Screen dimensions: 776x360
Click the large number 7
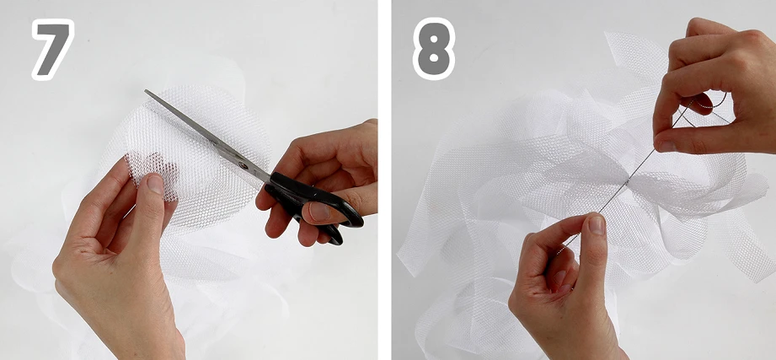tap(53, 49)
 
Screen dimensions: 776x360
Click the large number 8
tap(434, 49)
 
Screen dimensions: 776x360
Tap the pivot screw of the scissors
tap(243, 165)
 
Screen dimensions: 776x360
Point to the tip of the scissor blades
tap(146, 90)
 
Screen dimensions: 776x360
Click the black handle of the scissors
tap(312, 203)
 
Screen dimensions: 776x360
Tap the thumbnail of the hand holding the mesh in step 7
tap(155, 184)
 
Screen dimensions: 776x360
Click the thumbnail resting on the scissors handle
tap(319, 212)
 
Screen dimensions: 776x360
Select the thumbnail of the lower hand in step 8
tap(597, 224)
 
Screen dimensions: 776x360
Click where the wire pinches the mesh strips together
tap(628, 182)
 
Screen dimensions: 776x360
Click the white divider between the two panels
tap(384, 180)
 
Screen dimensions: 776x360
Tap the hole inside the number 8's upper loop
tap(434, 35)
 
